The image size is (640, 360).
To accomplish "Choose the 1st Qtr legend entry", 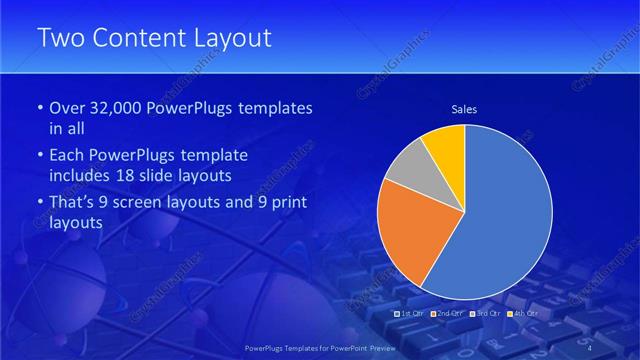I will coord(409,314).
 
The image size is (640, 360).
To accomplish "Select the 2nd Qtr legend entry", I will coord(447,314).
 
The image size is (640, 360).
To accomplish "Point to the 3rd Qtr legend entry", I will coord(486,314).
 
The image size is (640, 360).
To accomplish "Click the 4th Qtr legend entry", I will coord(524,314).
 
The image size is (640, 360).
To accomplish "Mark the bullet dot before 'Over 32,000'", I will coord(39,108).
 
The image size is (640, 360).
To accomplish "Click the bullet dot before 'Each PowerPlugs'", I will coord(39,156).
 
